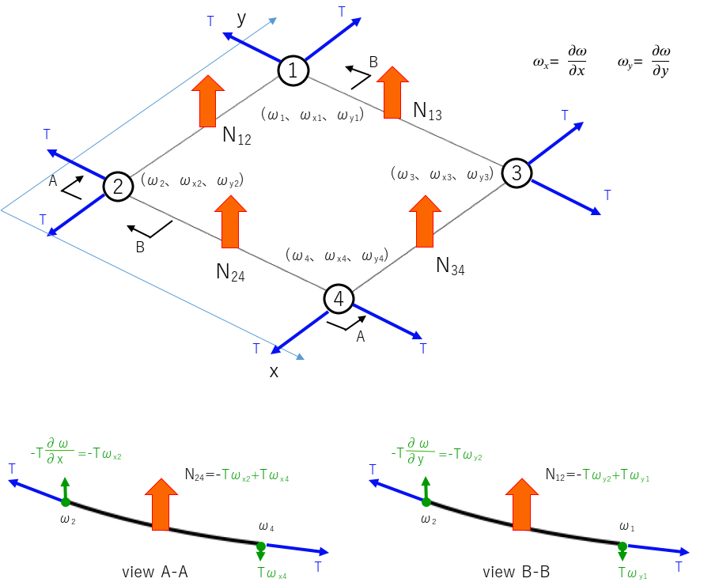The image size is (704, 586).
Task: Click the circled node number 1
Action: (x=292, y=71)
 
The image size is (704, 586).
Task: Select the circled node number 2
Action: (x=117, y=187)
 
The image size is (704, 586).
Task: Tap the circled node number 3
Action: (x=516, y=172)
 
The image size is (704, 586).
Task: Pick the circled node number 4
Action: (x=339, y=299)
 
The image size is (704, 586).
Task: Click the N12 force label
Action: (x=237, y=137)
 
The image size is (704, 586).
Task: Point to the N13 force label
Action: (x=427, y=111)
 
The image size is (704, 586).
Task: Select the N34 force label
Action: (x=450, y=267)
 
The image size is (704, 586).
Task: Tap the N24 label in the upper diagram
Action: (x=230, y=273)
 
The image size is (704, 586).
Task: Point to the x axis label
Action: (x=274, y=371)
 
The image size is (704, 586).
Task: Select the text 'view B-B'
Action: (x=516, y=572)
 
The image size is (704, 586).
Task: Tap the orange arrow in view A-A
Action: (x=163, y=504)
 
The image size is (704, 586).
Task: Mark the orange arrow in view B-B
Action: (x=522, y=504)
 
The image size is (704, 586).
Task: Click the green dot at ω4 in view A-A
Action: (x=261, y=545)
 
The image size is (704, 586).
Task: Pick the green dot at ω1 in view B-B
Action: (x=623, y=546)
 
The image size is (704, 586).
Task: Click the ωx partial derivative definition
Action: (x=561, y=60)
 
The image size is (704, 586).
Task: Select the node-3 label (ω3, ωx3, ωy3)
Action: (x=443, y=174)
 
